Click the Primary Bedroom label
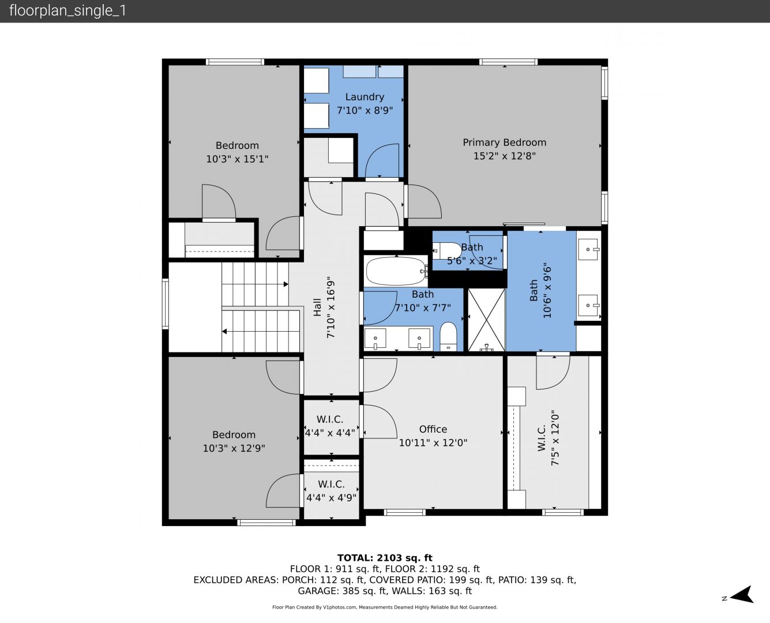504,142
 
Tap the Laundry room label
365,97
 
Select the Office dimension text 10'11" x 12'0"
433,442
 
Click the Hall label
317,307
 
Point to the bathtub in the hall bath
396,271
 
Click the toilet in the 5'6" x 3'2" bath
447,250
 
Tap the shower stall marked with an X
486,320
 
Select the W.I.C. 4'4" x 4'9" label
332,491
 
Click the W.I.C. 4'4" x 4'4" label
330,426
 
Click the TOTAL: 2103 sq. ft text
385,558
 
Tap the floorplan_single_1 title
67,11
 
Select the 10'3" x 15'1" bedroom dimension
237,159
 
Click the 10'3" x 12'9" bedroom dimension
234,448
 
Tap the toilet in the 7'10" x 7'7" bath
448,336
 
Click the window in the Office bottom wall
404,512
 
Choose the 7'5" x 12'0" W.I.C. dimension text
555,438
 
